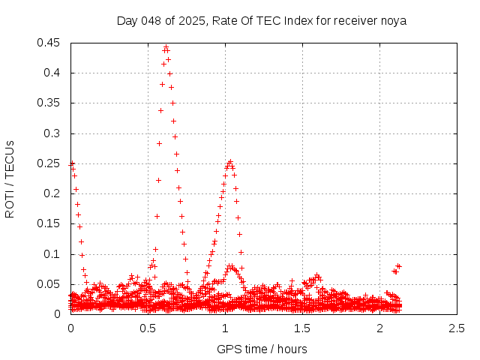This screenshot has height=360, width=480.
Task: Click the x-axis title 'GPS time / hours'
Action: tap(262, 349)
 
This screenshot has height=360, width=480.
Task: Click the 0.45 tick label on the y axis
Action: tap(49, 43)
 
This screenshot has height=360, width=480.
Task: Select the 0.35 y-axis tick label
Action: tap(49, 103)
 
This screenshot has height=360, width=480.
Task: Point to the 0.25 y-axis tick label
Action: tap(49, 163)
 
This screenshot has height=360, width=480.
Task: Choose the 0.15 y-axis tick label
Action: tap(49, 224)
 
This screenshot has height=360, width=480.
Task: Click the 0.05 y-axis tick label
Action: tap(49, 284)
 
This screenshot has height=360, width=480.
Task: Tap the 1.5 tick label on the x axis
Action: tap(302, 328)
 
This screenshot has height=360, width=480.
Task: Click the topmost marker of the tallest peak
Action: tap(166, 46)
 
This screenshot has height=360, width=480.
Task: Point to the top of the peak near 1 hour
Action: tap(230, 161)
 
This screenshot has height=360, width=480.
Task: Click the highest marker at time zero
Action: tap(72, 163)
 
